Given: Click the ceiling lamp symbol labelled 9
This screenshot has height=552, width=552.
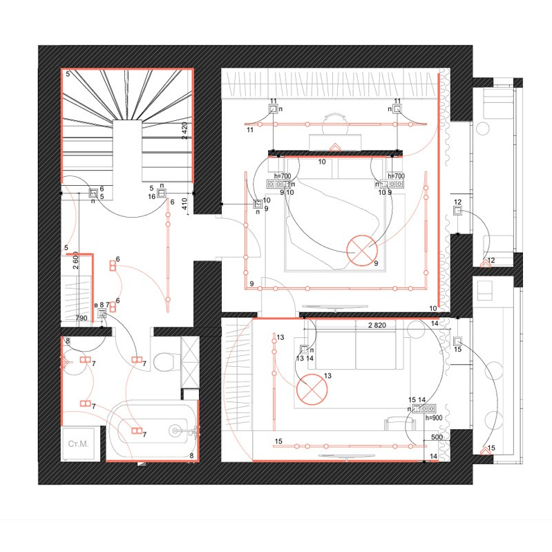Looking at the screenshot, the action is pos(362,251).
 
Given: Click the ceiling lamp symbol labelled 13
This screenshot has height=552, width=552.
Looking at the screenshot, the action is pos(312,390).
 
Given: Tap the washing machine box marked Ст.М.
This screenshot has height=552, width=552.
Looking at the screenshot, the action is pos(78,444).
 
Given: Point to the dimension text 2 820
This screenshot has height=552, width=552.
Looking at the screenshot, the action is pos(377,325).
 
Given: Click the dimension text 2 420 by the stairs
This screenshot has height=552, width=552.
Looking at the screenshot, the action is pos(185,131).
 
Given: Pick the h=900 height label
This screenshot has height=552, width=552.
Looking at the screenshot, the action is pos(434,418).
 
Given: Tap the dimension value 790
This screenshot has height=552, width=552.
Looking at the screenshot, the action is pos(82,318).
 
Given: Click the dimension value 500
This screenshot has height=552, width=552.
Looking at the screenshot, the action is pos(437,437).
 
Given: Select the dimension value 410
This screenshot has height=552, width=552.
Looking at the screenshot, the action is pos(185,204).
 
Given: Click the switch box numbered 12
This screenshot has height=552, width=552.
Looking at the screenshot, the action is pos(457,211).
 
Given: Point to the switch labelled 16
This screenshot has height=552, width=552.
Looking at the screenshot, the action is pos(161,193).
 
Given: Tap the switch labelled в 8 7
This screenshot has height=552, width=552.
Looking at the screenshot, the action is pos(102,313).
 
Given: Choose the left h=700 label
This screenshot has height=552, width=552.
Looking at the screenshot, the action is pos(283,176).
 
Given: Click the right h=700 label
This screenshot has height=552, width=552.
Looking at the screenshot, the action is pos(396,175).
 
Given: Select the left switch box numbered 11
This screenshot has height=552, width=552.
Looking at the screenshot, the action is pos(274,109).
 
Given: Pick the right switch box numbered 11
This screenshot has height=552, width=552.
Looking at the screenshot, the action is pos(397,109).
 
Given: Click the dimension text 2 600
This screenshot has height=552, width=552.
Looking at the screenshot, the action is pos(76,260).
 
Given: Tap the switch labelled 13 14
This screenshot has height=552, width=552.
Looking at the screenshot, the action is pos(304,350).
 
